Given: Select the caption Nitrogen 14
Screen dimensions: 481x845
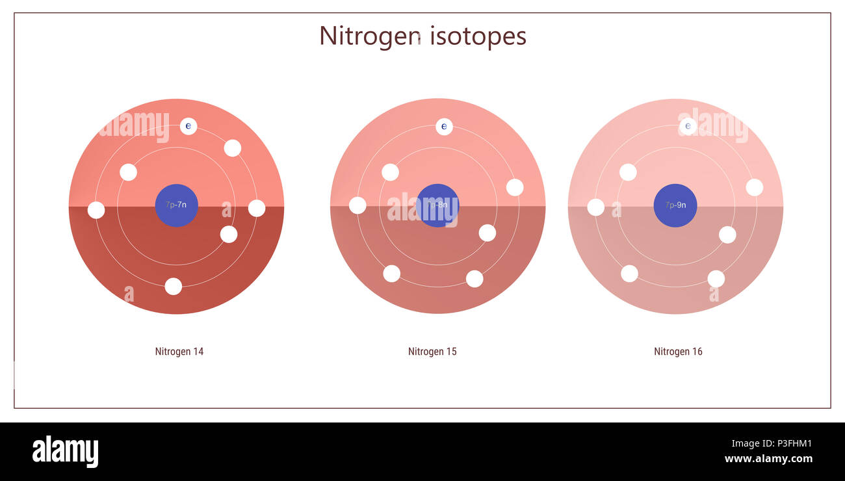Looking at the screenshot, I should click(179, 352).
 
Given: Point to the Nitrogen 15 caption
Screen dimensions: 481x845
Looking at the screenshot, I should click(432, 352).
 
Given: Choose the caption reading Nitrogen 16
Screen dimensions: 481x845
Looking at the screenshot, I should click(678, 352).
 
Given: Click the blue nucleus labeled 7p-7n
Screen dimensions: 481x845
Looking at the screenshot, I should click(176, 205).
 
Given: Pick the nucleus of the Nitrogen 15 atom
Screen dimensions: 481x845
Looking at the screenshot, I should click(437, 205).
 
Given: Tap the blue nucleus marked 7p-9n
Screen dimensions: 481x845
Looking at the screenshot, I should click(675, 205).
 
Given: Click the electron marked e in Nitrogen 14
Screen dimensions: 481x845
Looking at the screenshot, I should click(188, 126).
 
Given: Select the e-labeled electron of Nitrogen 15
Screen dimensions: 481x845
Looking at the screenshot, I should click(444, 127).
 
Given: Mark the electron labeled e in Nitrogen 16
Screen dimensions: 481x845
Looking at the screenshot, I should click(688, 126).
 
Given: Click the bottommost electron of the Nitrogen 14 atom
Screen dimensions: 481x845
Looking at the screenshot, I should click(173, 286).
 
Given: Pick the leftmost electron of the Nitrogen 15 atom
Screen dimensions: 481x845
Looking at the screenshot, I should click(357, 205).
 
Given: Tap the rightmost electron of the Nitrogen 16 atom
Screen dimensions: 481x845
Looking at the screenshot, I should click(754, 187).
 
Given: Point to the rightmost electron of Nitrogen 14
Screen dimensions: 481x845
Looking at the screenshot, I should click(257, 208).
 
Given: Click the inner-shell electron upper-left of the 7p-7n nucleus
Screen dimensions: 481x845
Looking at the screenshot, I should click(129, 172).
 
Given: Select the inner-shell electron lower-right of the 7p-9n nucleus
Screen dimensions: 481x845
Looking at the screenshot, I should click(727, 235).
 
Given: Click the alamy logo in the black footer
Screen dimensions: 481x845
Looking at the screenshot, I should click(65, 452).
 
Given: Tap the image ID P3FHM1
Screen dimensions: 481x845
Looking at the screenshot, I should click(789, 444).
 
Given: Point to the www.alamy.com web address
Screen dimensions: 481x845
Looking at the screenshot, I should click(768, 459).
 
